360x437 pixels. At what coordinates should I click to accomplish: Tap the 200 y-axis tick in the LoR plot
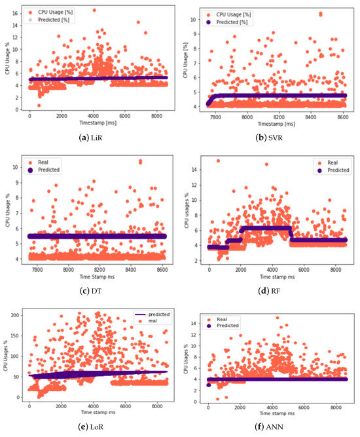click(16, 316)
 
